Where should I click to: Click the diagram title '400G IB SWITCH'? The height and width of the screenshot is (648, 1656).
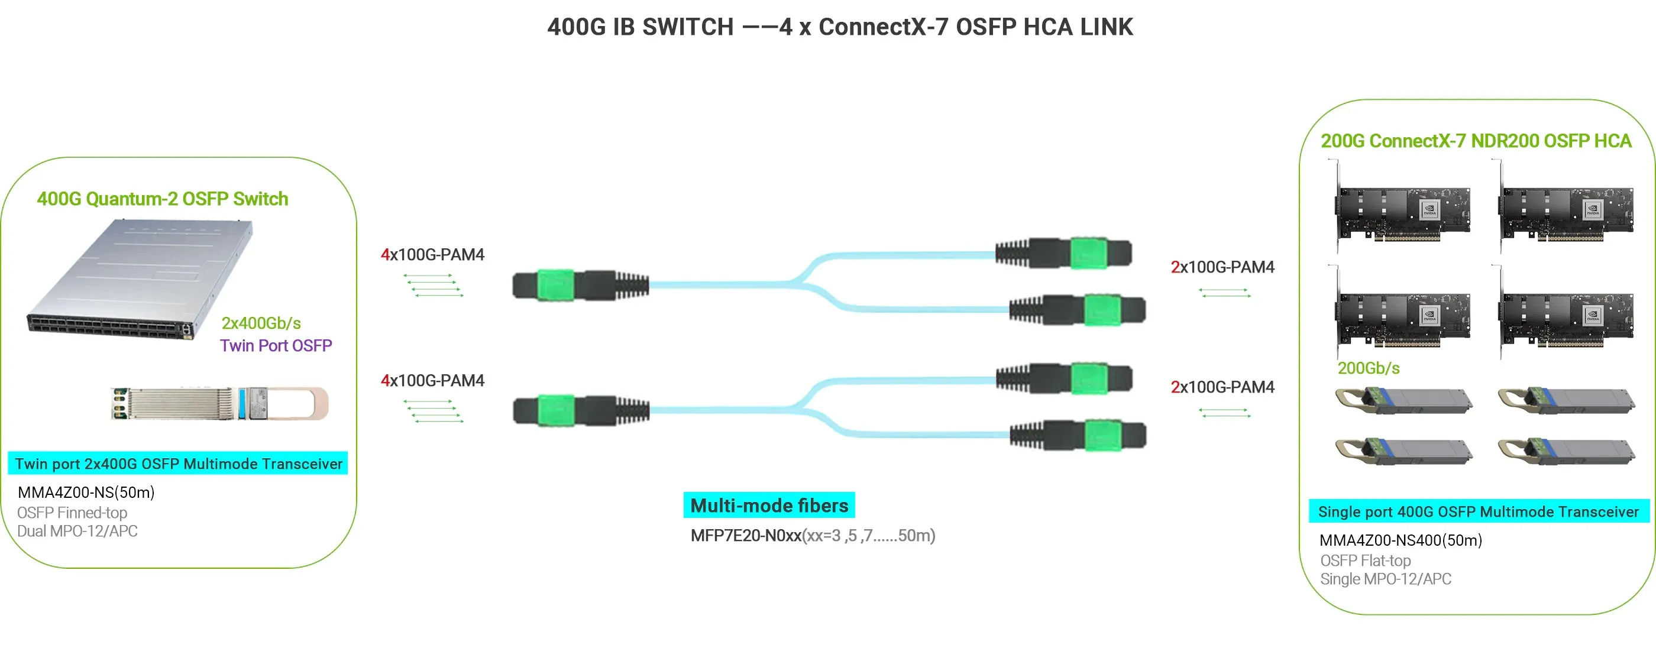tap(641, 27)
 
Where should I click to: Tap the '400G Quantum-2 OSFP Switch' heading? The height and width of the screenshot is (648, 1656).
tap(162, 199)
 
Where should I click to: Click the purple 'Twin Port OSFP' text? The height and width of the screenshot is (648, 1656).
tap(276, 345)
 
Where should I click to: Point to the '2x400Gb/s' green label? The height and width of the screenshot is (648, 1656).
tap(261, 323)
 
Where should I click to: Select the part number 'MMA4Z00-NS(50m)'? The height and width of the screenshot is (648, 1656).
tap(86, 493)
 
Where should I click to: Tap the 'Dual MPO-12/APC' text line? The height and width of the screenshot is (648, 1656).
tap(77, 531)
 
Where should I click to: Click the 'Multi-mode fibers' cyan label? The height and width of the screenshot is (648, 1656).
tap(769, 506)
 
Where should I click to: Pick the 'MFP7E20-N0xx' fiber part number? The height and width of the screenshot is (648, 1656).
tap(746, 536)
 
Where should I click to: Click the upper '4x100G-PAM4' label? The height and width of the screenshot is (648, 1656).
tap(433, 255)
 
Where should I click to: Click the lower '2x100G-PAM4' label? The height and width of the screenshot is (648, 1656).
tap(1222, 387)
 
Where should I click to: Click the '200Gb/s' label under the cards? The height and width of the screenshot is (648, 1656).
tap(1368, 368)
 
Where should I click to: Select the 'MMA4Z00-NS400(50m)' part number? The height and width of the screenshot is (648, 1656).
tap(1400, 540)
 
